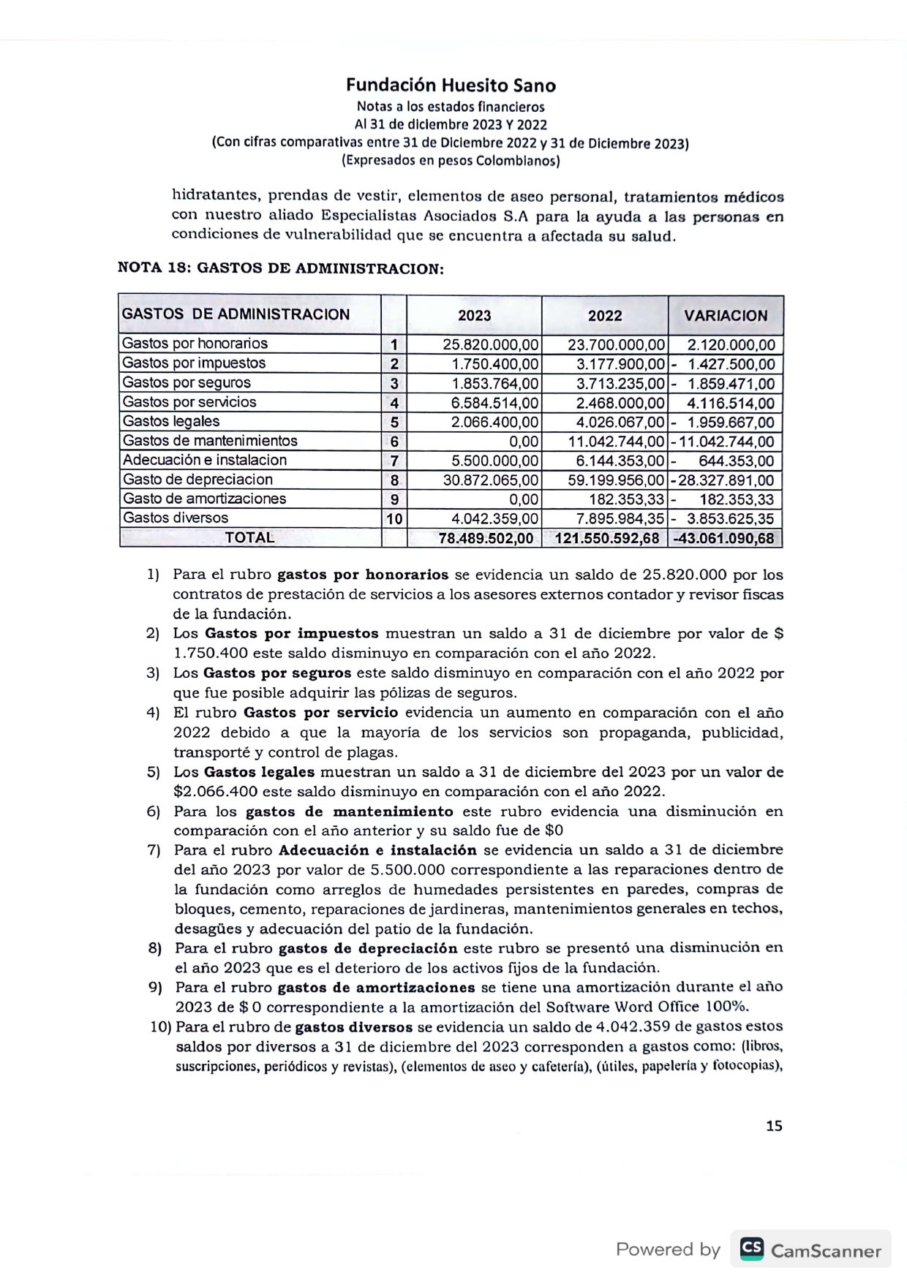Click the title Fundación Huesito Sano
pyautogui.click(x=451, y=86)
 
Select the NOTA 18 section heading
pyautogui.click(x=281, y=268)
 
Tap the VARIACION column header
pyautogui.click(x=726, y=316)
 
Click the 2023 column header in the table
pyautogui.click(x=474, y=316)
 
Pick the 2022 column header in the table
pyautogui.click(x=605, y=316)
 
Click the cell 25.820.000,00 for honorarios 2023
pyautogui.click(x=491, y=344)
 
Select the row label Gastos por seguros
pyautogui.click(x=187, y=382)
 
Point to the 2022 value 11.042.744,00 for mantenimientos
pyautogui.click(x=617, y=442)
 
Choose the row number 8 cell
pyautogui.click(x=394, y=480)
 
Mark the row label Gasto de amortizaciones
pyautogui.click(x=204, y=499)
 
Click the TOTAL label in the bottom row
pyautogui.click(x=249, y=537)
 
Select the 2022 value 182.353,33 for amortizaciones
pyautogui.click(x=627, y=499)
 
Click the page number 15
pyautogui.click(x=774, y=1126)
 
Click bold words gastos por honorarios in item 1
pyautogui.click(x=363, y=575)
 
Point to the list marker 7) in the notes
pyautogui.click(x=154, y=850)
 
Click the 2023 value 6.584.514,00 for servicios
pyautogui.click(x=494, y=403)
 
